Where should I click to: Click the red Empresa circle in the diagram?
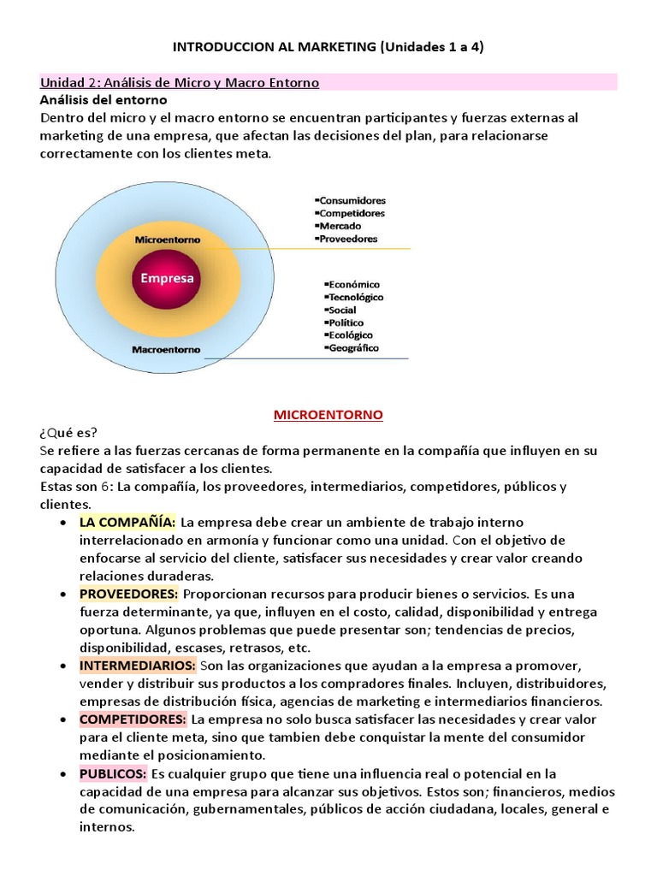167,278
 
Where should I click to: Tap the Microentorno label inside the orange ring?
167,240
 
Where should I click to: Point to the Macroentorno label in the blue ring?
167,349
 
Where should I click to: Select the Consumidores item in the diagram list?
352,200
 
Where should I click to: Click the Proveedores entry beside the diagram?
348,239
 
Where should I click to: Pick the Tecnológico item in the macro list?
354,297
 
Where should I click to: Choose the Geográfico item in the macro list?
352,348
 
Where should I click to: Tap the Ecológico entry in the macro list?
352,335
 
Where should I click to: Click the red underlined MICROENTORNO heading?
328,415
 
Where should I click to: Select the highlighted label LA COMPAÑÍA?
127,522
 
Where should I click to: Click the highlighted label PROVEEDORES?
129,594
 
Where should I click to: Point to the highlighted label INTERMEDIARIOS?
138,665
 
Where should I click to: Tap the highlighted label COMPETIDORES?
133,719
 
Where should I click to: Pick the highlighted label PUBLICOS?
113,773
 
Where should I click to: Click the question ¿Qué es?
68,433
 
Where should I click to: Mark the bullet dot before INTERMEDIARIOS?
66,666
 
